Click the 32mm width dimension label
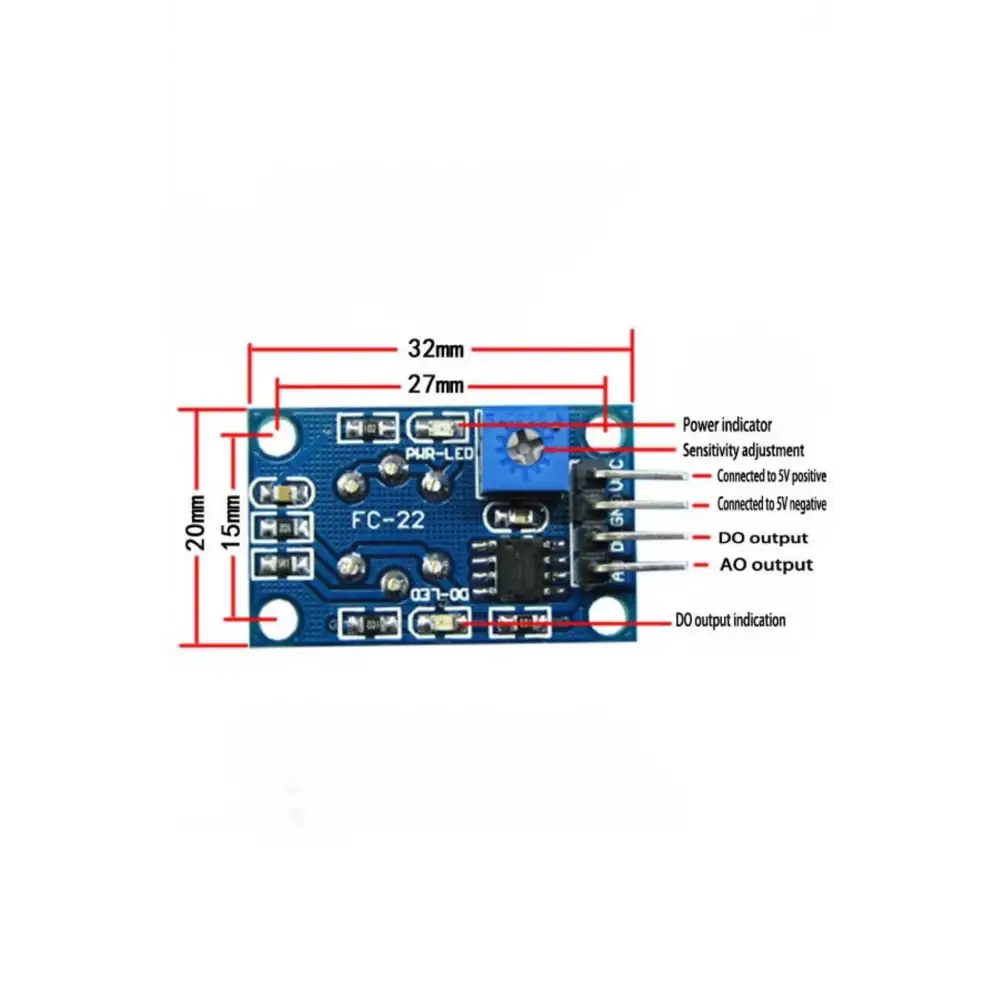435,349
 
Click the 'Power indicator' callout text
727,425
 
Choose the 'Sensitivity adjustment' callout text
743,451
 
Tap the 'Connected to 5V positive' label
771,476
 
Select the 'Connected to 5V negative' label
771,505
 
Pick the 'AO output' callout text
766,565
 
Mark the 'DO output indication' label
730,621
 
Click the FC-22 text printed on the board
389,520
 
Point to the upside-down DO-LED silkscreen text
440,594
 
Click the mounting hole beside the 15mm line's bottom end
271,619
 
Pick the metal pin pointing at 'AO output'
650,568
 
